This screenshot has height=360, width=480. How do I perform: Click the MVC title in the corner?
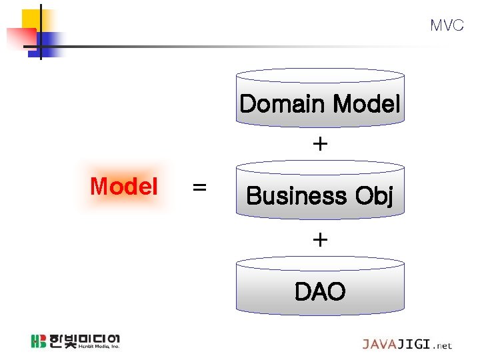(x=446, y=25)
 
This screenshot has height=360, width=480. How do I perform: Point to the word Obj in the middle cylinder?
(x=375, y=197)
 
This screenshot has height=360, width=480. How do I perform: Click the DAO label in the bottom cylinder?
(x=320, y=291)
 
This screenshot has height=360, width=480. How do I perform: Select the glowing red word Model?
(x=124, y=187)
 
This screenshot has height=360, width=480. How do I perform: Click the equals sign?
(x=199, y=188)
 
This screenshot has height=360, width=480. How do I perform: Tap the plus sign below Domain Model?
(x=320, y=144)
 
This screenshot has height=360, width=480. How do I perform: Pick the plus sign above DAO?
(x=320, y=239)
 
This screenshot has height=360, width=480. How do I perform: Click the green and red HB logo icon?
(x=38, y=341)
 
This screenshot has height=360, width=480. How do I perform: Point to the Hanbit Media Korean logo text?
(x=84, y=341)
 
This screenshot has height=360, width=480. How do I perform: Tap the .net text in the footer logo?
(x=442, y=345)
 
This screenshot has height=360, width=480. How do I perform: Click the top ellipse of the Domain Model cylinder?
(x=320, y=75)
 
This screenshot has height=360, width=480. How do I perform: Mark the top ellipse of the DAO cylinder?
(x=320, y=263)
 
